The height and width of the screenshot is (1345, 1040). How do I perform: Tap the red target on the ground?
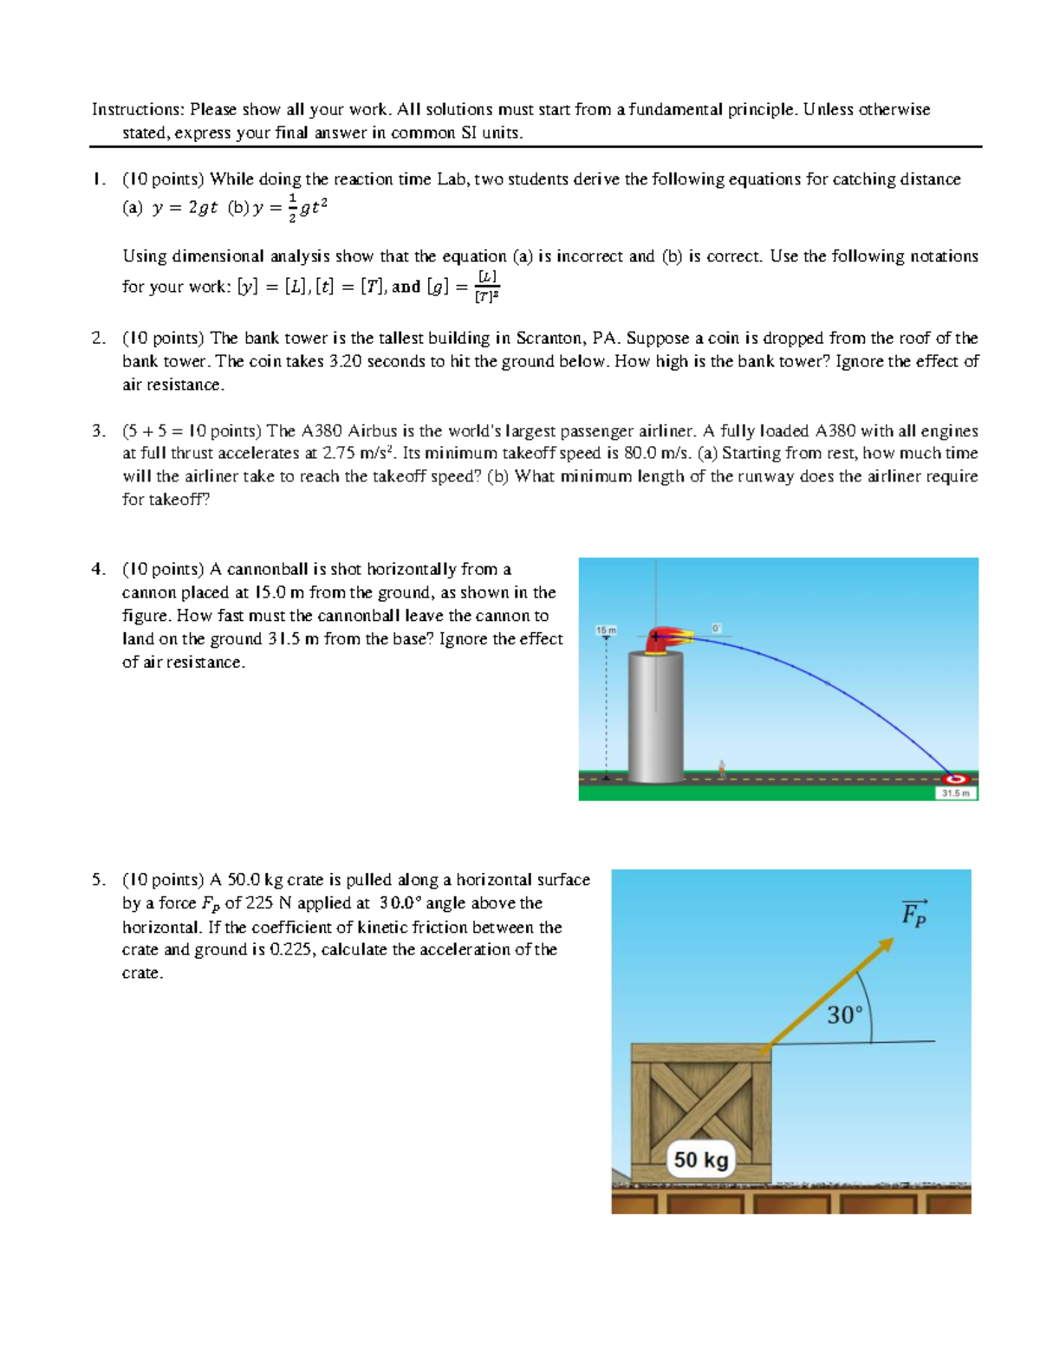[958, 779]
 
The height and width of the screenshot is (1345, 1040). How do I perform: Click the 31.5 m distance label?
[956, 793]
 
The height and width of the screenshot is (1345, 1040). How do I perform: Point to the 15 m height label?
[606, 630]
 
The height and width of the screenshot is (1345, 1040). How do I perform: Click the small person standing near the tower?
[721, 768]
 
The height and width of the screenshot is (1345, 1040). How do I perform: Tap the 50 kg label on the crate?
[701, 1160]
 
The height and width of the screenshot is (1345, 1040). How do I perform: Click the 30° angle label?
[844, 1015]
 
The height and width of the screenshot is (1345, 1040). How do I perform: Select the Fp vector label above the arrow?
[913, 914]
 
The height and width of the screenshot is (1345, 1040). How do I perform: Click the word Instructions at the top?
[136, 109]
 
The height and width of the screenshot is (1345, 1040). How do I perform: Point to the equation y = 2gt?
[184, 208]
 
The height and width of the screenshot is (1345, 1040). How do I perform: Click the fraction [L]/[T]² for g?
[487, 287]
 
